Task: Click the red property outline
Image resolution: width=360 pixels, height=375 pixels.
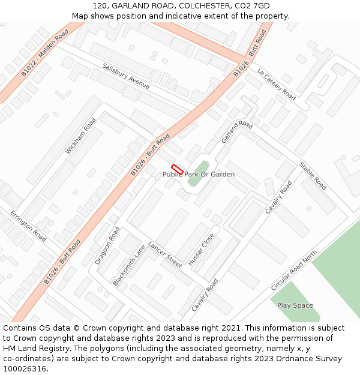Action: (177, 169)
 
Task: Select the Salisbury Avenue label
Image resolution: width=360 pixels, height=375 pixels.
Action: (126, 76)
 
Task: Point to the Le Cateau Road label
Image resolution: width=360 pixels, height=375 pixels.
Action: (277, 84)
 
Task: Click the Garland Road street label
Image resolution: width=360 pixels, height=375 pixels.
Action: (236, 131)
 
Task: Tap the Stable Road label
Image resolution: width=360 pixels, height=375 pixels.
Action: (313, 176)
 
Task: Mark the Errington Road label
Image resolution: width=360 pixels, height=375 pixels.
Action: (28, 226)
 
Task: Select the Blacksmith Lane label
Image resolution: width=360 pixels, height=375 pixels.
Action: (129, 265)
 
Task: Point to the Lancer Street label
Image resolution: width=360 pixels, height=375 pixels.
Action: (165, 255)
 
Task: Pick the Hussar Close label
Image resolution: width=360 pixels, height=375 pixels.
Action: (201, 250)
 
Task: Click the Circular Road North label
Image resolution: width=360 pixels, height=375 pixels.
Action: (293, 271)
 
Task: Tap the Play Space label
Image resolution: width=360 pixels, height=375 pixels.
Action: (295, 305)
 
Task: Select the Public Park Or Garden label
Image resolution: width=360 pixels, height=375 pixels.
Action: (199, 175)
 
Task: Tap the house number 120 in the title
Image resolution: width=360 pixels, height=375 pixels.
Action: (100, 6)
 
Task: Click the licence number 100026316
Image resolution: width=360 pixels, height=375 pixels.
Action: (25, 369)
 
